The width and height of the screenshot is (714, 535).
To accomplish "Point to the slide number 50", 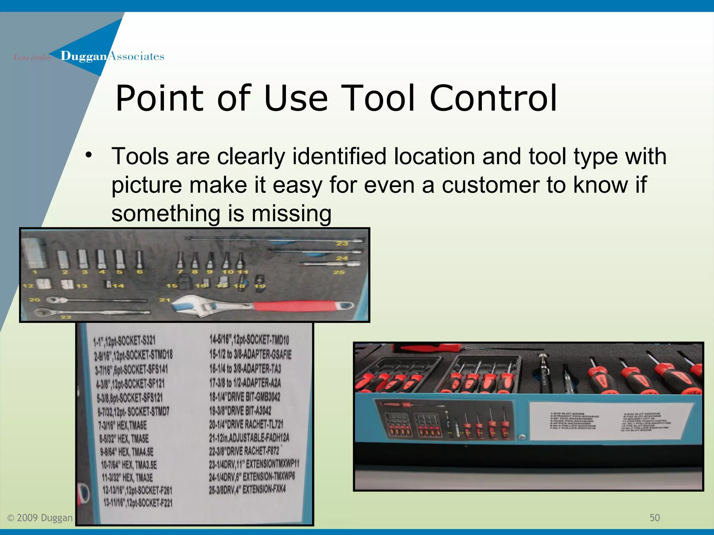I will (654, 518).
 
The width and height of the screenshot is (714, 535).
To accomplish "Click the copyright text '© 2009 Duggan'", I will (40, 518).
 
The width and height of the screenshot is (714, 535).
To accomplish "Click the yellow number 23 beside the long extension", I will (342, 243).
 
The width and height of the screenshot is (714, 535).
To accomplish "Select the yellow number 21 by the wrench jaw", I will (165, 300).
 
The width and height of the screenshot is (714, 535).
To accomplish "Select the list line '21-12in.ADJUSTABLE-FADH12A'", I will (249, 437).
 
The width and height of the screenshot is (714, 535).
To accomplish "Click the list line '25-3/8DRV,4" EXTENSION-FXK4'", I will (247, 489).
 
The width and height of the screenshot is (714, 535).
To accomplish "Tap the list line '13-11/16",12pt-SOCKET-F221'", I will (138, 503).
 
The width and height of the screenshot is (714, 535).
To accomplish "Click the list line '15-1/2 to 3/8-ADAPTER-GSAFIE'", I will (250, 354).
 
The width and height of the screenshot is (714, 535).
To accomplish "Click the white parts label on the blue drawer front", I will (606, 421).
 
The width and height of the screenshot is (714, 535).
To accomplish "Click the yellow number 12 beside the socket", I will (28, 286).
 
